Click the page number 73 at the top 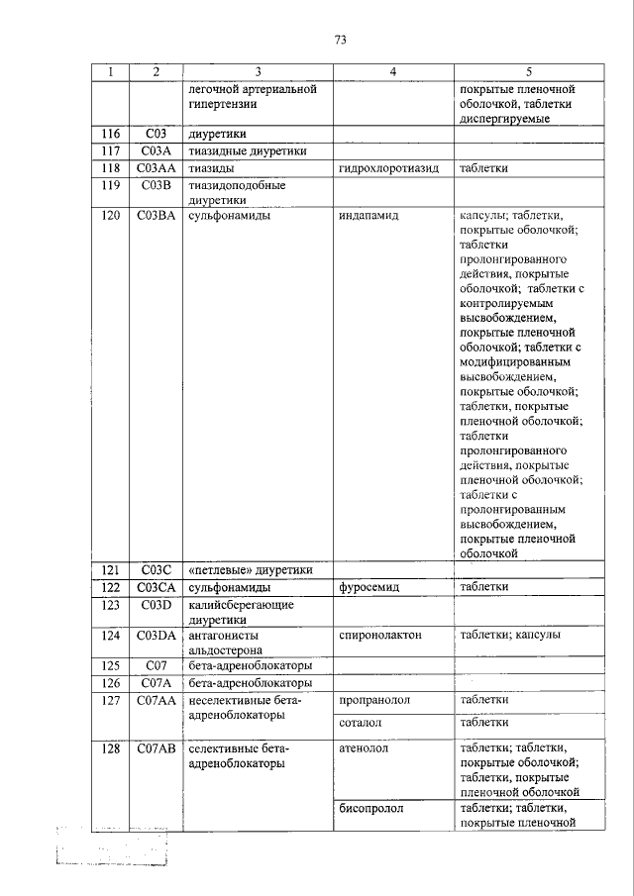(340, 40)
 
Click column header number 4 (392, 72)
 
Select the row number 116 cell (111, 134)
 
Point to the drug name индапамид (368, 215)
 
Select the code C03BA (157, 215)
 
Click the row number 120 (111, 215)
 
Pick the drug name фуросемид (369, 587)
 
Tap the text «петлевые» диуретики (250, 570)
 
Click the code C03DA (157, 635)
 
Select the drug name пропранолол (373, 700)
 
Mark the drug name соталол (361, 723)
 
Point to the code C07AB (157, 748)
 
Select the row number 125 (111, 665)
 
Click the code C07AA (157, 700)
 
